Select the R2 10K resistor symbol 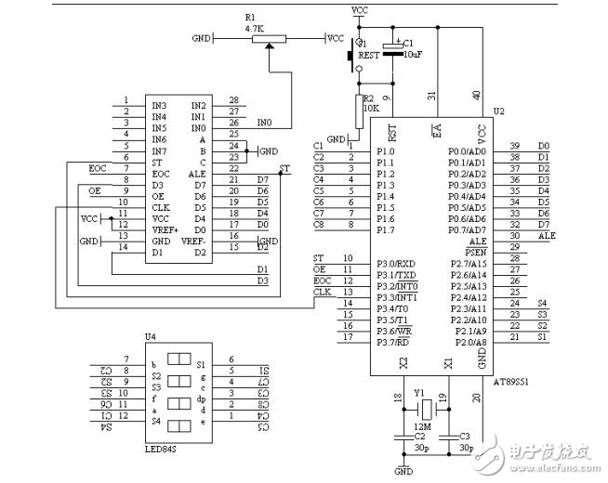coord(360,109)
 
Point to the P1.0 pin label coord(386,150)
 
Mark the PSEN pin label coord(474,252)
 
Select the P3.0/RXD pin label coord(394,263)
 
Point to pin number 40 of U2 coord(477,95)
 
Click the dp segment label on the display coord(201,398)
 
